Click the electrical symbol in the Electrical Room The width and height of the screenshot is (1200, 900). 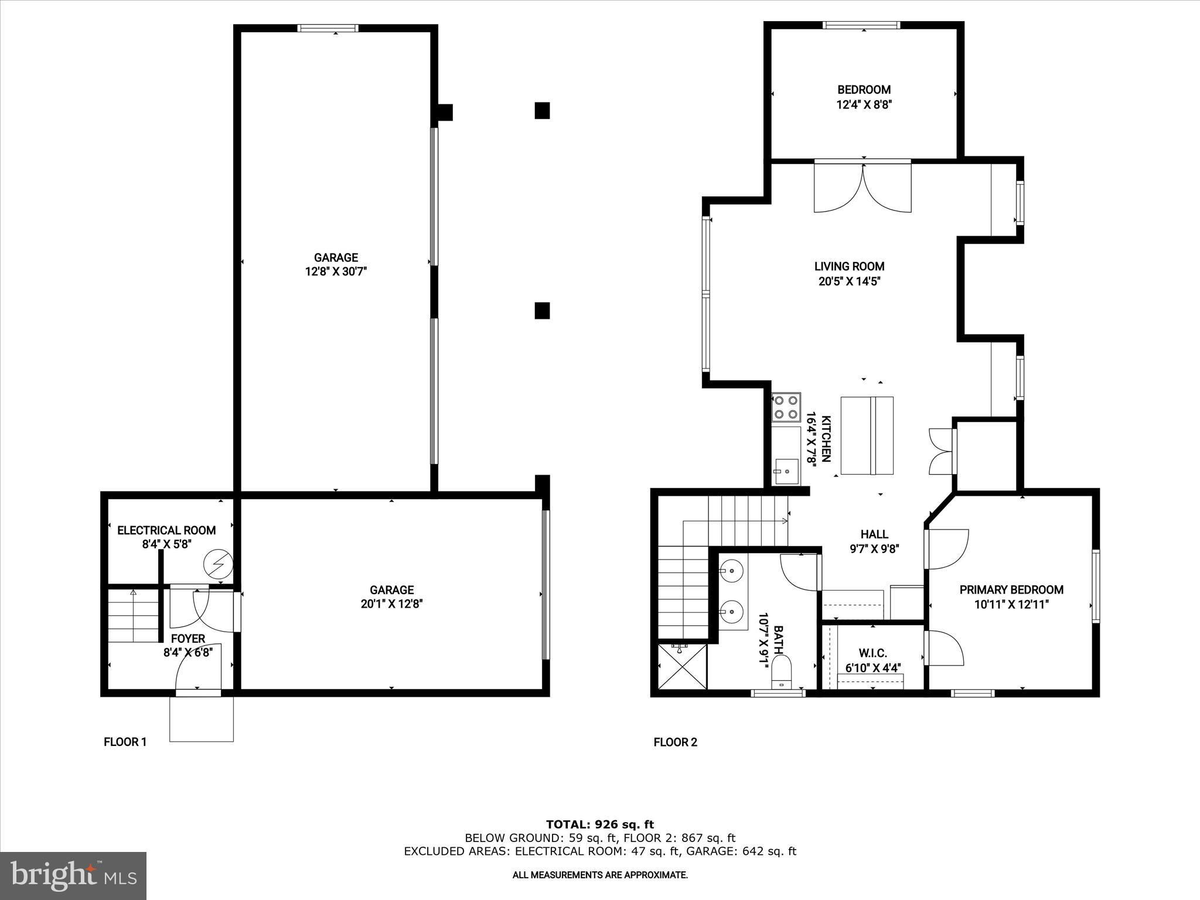[218, 565]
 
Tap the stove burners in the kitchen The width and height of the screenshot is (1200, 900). [786, 407]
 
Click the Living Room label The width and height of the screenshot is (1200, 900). [849, 266]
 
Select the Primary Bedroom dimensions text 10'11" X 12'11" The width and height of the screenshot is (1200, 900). [1011, 605]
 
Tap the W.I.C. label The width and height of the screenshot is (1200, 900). [873, 653]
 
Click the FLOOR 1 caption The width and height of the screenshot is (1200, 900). [125, 742]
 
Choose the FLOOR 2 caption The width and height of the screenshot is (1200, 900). [676, 742]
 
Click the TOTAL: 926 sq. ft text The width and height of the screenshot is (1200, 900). [600, 824]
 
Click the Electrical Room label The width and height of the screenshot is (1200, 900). [166, 530]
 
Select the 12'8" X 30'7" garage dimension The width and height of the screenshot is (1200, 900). [336, 272]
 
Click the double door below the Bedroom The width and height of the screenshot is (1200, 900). [862, 187]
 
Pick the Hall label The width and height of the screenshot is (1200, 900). [874, 534]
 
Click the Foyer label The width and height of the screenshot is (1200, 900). [188, 639]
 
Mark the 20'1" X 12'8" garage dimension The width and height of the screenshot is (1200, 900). [392, 604]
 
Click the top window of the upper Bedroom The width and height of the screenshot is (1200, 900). [861, 25]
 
